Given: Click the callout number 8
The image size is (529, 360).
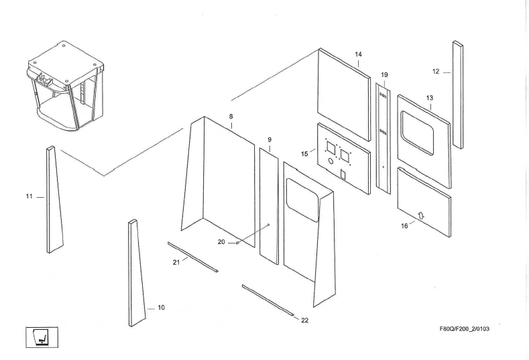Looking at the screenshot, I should click(231, 116).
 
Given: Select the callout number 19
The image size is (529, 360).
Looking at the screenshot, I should click(384, 74).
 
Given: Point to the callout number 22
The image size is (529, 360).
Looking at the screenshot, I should click(304, 320).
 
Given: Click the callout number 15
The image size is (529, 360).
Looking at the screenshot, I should click(304, 154).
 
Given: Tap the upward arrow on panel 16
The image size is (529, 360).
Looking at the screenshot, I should click(421, 215).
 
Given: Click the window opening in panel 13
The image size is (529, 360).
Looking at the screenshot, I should click(422, 128).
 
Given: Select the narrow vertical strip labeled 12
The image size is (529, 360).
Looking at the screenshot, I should click(457, 94).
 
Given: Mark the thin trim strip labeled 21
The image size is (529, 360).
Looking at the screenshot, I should click(192, 256).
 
